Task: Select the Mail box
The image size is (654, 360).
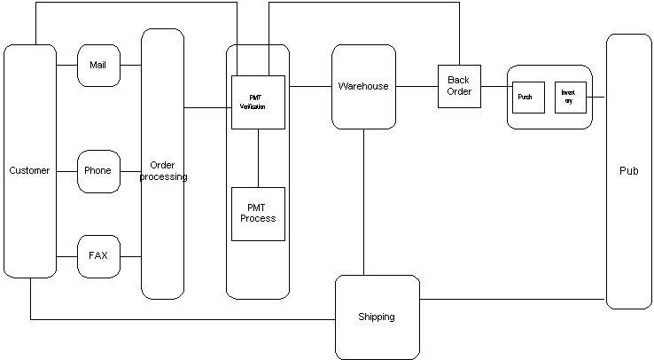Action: click(98, 65)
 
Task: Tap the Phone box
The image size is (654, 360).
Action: click(98, 170)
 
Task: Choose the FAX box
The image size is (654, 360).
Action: click(98, 255)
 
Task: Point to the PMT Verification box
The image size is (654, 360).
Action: click(258, 102)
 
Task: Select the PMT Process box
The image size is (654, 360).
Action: click(258, 214)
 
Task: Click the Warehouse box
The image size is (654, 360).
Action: click(363, 86)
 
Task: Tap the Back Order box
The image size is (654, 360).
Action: click(459, 86)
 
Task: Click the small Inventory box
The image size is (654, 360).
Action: click(570, 97)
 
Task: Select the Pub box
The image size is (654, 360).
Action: click(628, 170)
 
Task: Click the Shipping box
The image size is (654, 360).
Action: click(377, 317)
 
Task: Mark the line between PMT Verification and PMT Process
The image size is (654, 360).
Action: click(258, 158)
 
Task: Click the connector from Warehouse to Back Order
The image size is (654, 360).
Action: click(417, 86)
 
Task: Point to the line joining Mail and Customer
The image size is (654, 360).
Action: click(67, 65)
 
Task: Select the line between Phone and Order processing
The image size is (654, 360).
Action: click(130, 170)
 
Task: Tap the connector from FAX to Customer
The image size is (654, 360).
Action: click(67, 255)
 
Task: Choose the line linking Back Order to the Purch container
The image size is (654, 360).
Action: click(494, 86)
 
